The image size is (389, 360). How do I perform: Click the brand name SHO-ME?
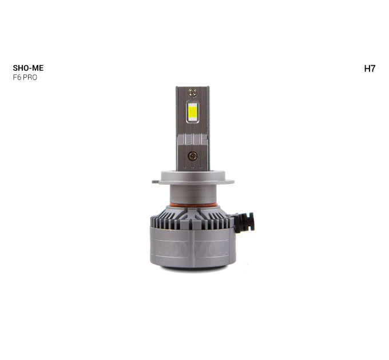click(x=28, y=68)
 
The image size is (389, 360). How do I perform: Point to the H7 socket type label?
click(x=370, y=69)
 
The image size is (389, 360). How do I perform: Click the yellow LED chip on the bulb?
click(x=193, y=112)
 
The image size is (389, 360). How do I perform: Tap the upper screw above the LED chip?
click(x=193, y=93)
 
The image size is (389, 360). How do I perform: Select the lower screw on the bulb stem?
click(x=193, y=156)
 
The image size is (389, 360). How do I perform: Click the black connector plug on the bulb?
click(x=244, y=222)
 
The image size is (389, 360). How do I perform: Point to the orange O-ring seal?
click(x=193, y=205)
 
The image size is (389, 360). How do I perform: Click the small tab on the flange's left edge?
click(x=155, y=182)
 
